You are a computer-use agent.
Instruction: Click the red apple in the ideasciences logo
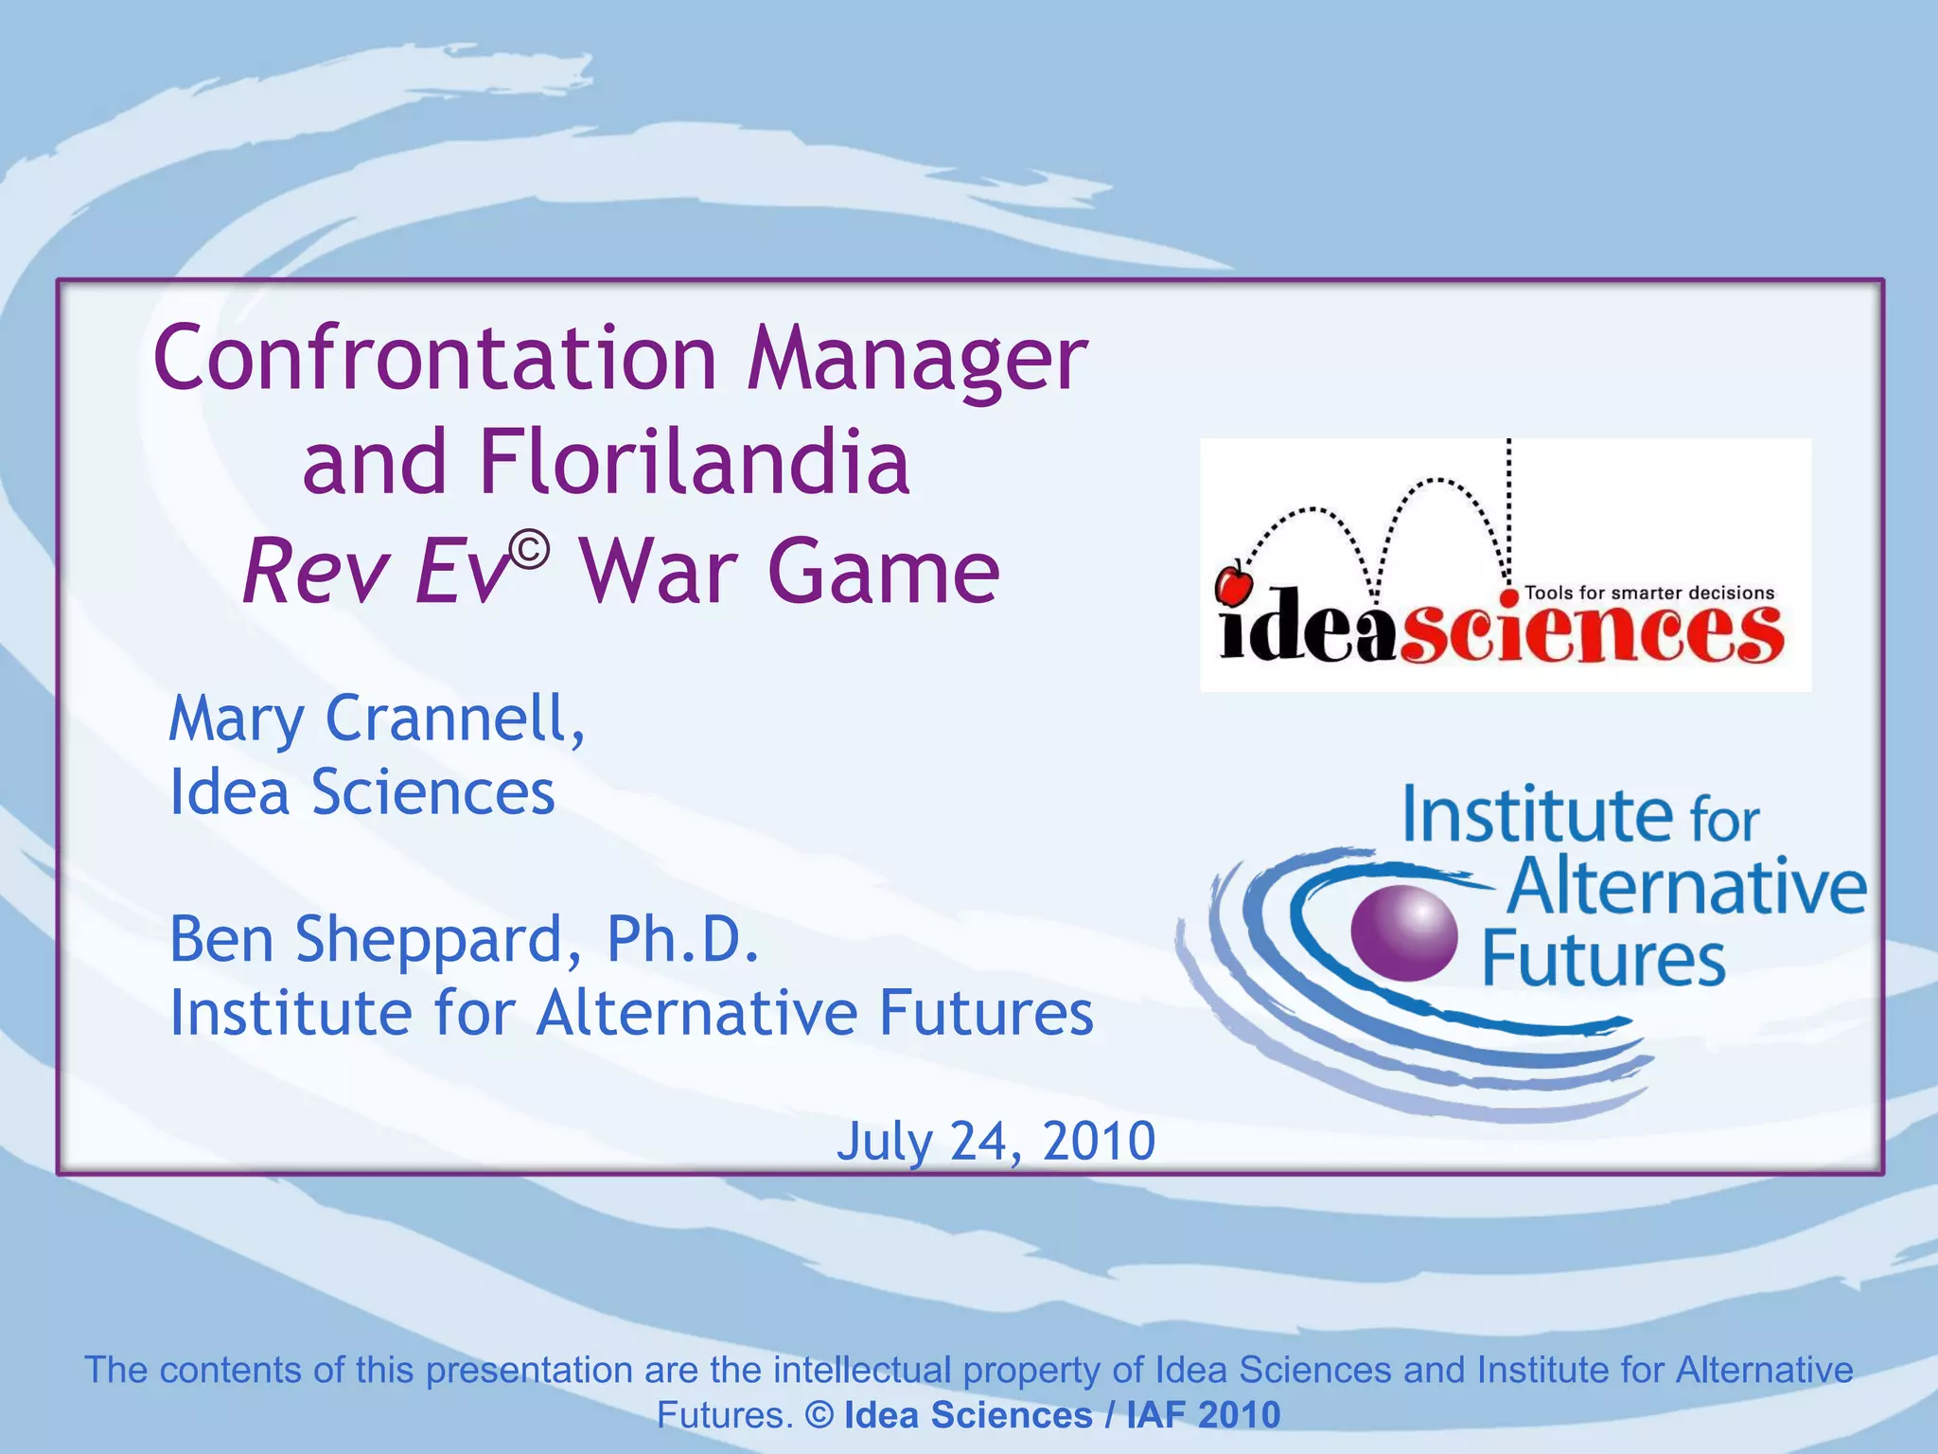coord(1233,583)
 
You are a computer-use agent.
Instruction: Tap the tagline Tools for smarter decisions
coord(1649,594)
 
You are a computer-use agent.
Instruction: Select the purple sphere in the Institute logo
coord(1403,932)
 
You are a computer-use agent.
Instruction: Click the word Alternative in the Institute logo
coord(1687,886)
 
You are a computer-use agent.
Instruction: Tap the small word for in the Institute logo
coord(1724,819)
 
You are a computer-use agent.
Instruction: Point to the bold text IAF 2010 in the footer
coord(1203,1414)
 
